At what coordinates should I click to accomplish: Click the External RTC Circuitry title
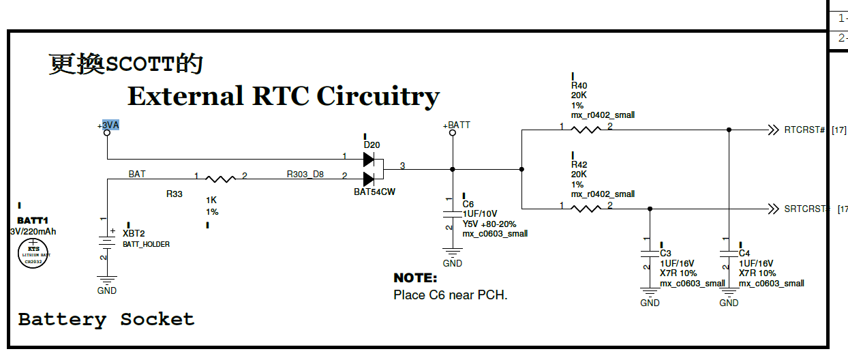point(283,96)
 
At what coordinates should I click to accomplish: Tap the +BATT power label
point(456,125)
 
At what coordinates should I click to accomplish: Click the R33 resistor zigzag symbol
point(219,179)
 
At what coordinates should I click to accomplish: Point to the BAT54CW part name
point(374,192)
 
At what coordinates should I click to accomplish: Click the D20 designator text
point(372,145)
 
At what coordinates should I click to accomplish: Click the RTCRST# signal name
point(805,130)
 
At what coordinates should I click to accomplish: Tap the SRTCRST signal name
point(806,209)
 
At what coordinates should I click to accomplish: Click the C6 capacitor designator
point(468,204)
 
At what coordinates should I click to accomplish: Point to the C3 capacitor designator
point(665,253)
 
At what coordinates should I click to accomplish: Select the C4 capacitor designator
point(744,253)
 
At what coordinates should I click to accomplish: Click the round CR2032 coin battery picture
point(33,254)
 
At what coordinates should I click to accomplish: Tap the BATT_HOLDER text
point(146,243)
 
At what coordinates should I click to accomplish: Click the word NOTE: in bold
point(415,278)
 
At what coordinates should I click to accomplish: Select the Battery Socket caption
point(106,319)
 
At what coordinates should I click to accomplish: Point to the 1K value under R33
point(211,200)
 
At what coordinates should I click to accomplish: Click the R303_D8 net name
point(305,175)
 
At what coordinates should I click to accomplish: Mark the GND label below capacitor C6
point(452,263)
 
